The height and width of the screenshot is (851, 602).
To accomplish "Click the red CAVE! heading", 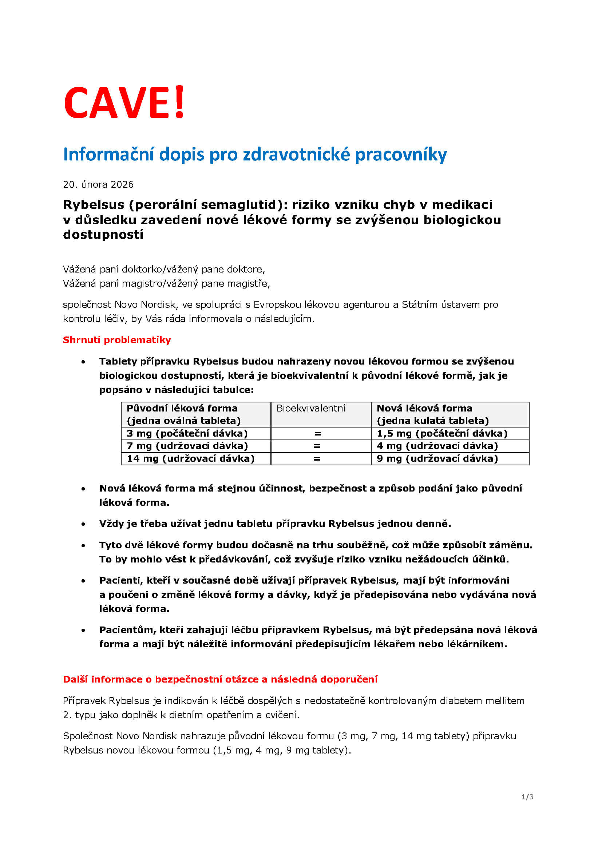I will (124, 103).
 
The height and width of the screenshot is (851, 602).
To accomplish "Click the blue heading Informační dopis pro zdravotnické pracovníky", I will (255, 154).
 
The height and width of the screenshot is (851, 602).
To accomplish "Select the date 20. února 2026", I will (98, 184).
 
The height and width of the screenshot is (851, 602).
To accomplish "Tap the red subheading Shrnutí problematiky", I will (117, 340).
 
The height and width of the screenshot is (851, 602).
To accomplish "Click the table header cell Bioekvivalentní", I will (310, 408).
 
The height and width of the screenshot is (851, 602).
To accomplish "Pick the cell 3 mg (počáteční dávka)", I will (187, 433).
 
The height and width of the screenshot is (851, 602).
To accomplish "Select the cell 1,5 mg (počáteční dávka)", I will (442, 433).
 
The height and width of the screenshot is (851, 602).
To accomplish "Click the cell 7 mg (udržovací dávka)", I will (187, 446).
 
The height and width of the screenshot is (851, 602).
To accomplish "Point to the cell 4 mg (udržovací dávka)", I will (437, 446).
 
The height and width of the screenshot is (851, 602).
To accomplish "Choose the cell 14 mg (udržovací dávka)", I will (190, 458).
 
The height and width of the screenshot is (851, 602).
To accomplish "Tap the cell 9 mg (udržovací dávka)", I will (437, 458).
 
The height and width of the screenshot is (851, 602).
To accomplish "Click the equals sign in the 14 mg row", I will (317, 459).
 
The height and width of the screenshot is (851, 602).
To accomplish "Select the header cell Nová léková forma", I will (424, 408).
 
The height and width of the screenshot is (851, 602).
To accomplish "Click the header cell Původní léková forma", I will (182, 408).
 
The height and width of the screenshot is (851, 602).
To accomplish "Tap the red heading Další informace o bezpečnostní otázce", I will (220, 679).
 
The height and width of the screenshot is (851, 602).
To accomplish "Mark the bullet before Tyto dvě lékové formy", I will (83, 546).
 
